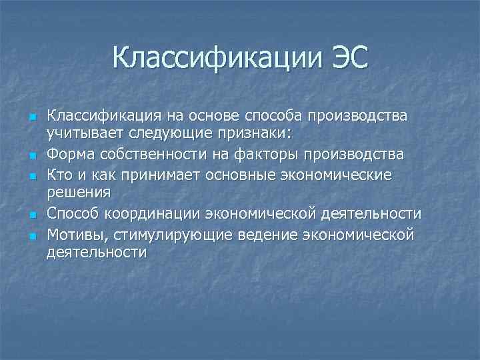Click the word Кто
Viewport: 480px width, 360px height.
pyautogui.click(x=59, y=175)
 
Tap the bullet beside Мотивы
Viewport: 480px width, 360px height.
pyautogui.click(x=31, y=236)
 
